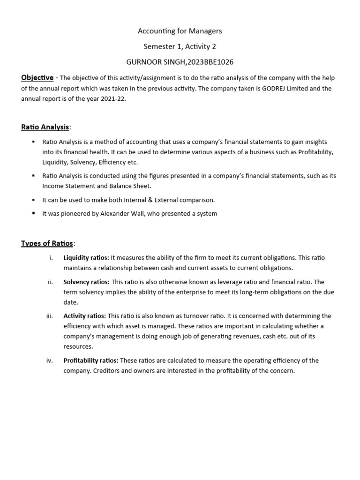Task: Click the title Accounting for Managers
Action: tap(180, 31)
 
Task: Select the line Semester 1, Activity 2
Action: tap(180, 46)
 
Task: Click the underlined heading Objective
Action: tap(37, 77)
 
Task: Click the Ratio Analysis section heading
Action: tap(45, 127)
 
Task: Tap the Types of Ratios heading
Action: tap(47, 243)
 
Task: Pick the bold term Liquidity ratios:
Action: tap(86, 258)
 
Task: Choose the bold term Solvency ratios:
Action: tap(86, 282)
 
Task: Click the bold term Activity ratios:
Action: tap(84, 316)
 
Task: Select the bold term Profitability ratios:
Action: tap(91, 360)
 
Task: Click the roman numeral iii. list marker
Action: tap(50, 316)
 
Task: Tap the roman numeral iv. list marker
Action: tap(50, 360)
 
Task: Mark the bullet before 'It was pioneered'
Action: tap(34, 214)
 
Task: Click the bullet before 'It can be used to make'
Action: tap(34, 200)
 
